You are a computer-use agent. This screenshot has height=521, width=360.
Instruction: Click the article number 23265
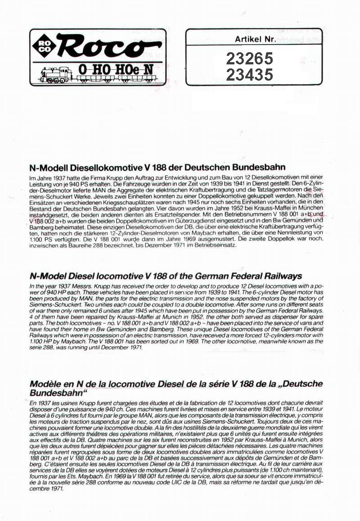(249, 59)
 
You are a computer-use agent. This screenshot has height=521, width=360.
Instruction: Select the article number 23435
(249, 74)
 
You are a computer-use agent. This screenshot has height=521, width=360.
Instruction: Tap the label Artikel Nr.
(254, 39)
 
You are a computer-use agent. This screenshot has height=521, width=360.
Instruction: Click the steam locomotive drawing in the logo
(57, 74)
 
